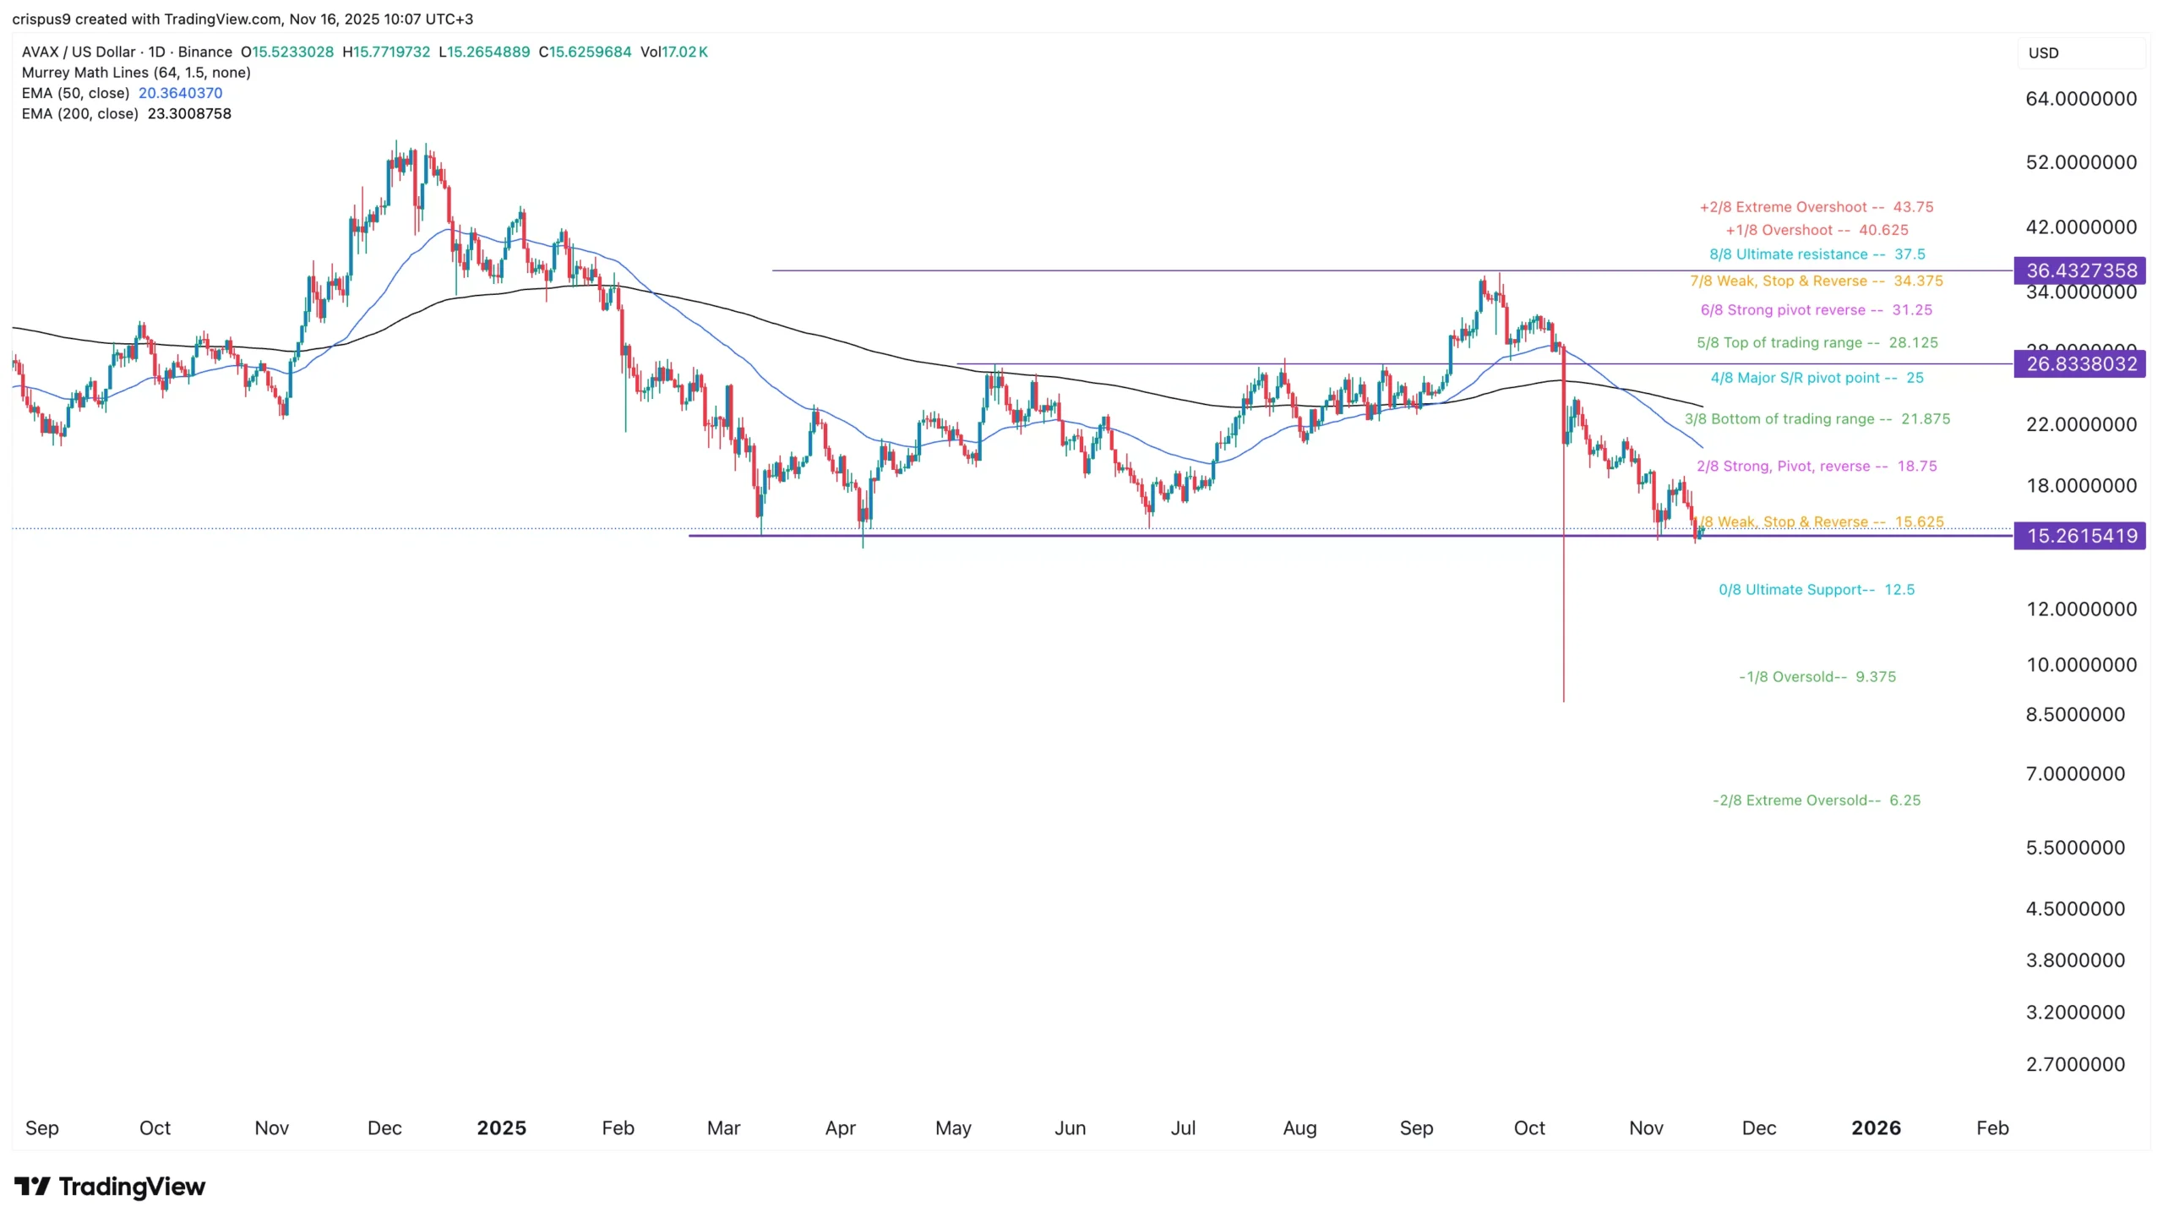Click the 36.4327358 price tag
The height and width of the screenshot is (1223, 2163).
coord(2080,270)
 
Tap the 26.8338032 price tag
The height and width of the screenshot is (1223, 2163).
coord(2080,364)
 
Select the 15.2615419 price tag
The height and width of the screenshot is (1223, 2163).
coord(2080,536)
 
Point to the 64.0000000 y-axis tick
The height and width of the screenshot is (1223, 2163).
coord(2080,99)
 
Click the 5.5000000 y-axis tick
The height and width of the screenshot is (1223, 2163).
coord(2074,848)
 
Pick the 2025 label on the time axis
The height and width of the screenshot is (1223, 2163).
coord(501,1128)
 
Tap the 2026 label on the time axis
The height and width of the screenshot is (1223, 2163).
coord(1876,1128)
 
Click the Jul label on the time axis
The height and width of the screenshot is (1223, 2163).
coord(1183,1128)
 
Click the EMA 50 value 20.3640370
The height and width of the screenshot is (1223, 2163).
coord(180,93)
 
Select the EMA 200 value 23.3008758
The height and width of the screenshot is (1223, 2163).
coord(189,113)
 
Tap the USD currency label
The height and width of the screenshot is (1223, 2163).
coord(2043,53)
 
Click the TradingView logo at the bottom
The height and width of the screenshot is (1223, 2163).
coord(110,1187)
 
